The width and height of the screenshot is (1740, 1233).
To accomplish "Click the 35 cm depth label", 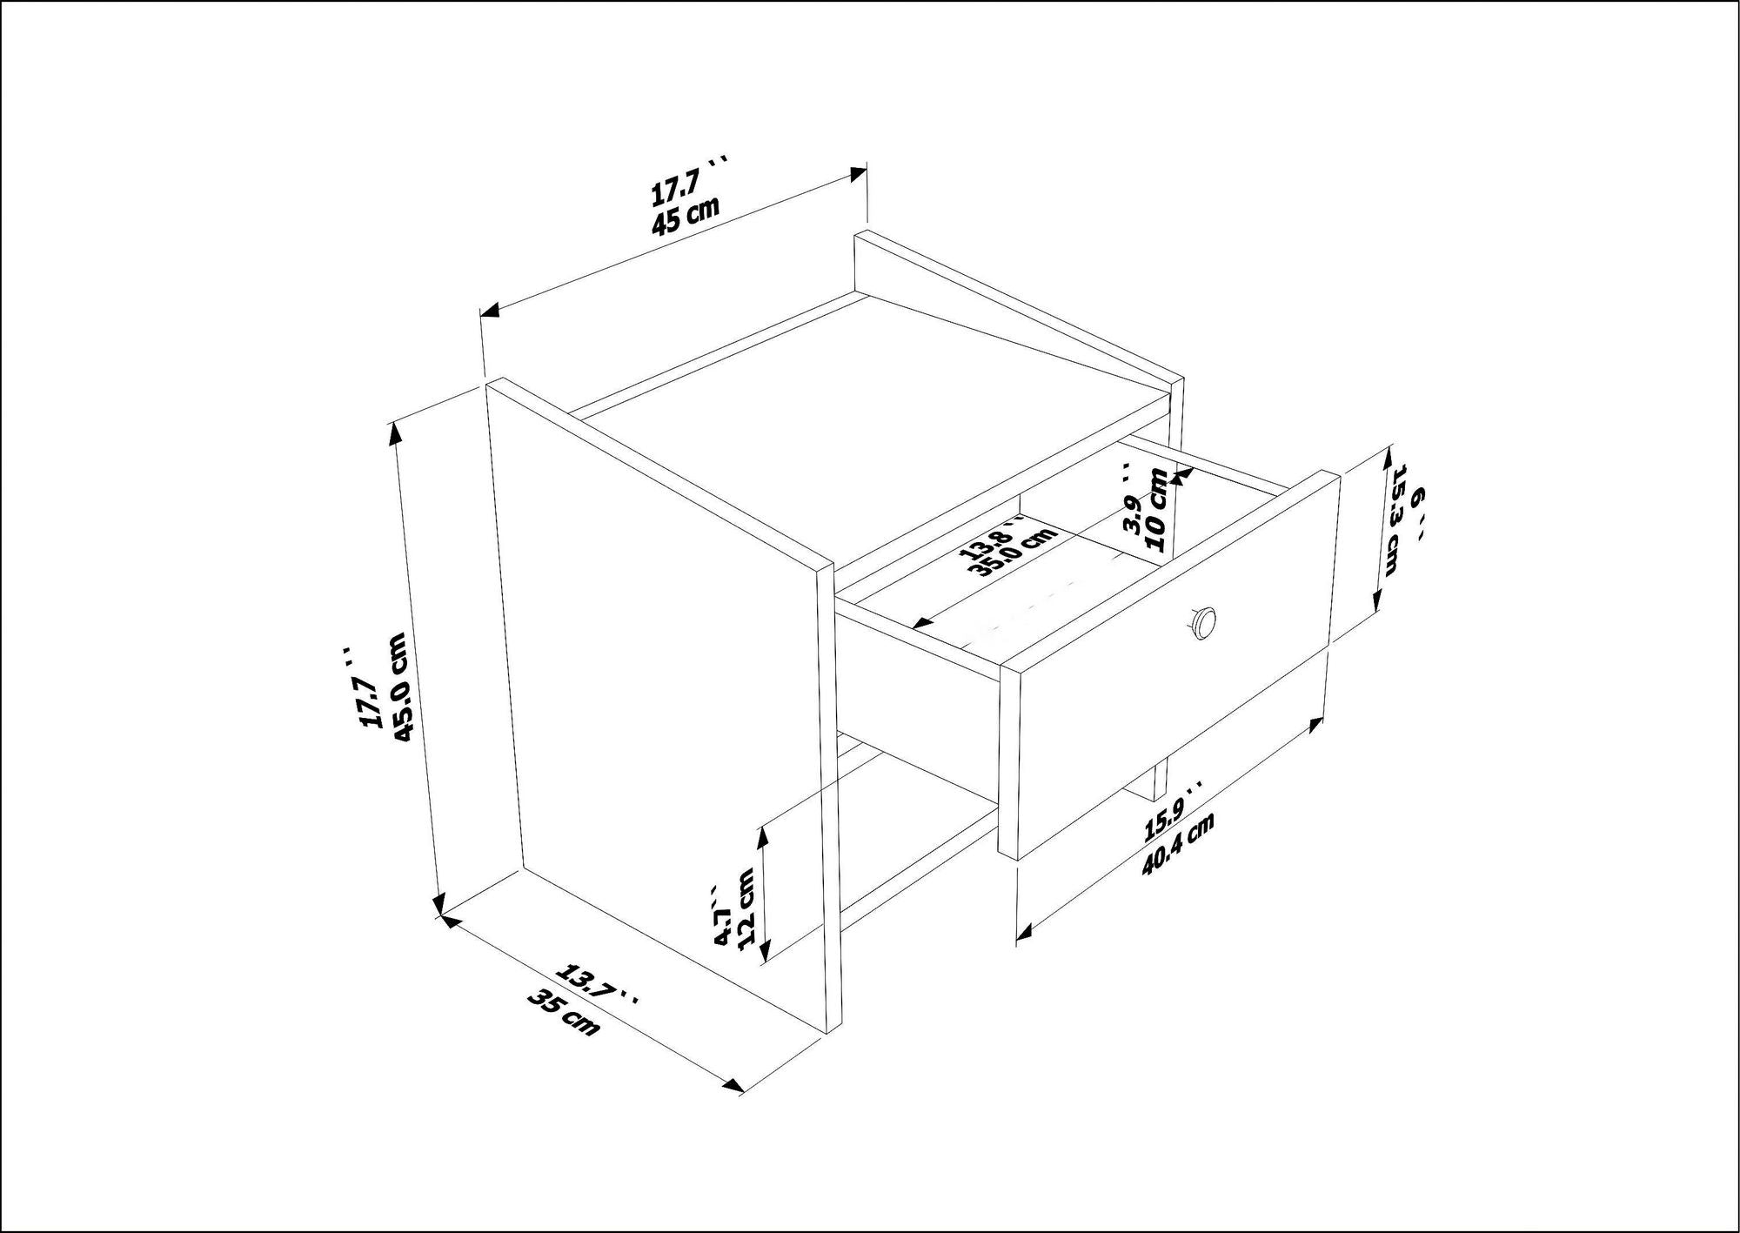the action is (x=563, y=1013).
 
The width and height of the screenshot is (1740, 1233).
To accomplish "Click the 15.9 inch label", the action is (x=1171, y=814).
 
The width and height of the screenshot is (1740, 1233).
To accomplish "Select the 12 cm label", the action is (x=746, y=908).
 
